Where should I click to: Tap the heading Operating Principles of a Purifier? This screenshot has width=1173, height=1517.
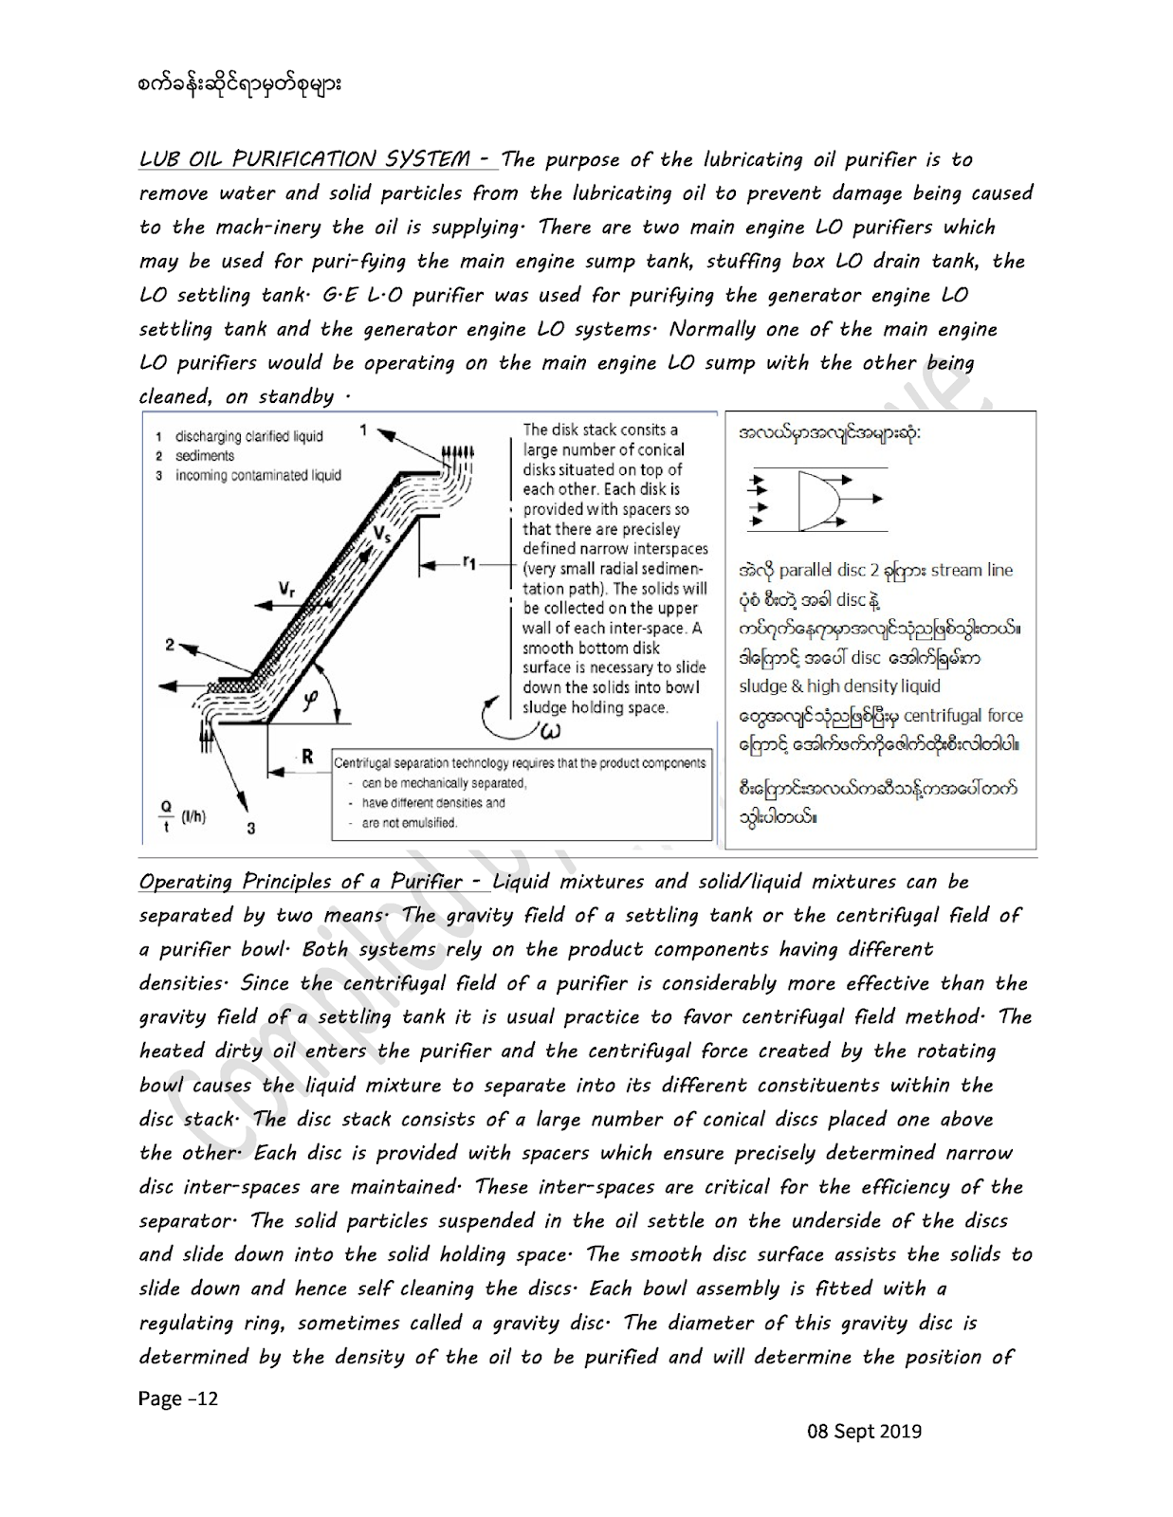pyautogui.click(x=313, y=882)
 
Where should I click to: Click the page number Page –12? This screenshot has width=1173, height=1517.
pyautogui.click(x=178, y=1398)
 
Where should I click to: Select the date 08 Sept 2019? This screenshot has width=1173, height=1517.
pyautogui.click(x=864, y=1431)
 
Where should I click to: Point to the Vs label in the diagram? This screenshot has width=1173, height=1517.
pyautogui.click(x=381, y=534)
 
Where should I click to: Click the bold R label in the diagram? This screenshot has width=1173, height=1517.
pyautogui.click(x=307, y=757)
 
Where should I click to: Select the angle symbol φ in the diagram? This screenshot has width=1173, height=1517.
pyautogui.click(x=310, y=698)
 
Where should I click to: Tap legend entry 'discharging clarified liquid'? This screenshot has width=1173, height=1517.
pyautogui.click(x=248, y=437)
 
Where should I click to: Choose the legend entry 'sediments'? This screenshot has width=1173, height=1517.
pyautogui.click(x=204, y=456)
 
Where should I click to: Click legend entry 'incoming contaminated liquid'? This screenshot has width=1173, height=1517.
pyautogui.click(x=257, y=475)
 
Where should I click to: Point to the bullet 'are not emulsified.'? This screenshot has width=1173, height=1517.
pyautogui.click(x=410, y=823)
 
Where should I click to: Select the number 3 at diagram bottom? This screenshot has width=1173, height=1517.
pyautogui.click(x=251, y=828)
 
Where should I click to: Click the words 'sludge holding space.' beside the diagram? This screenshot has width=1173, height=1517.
pyautogui.click(x=596, y=707)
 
